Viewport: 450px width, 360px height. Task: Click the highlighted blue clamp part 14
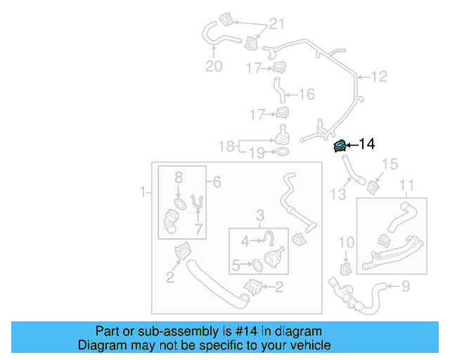(x=340, y=146)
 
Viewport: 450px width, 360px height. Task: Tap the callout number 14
(x=367, y=144)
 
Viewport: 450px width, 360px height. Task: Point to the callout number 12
(x=379, y=77)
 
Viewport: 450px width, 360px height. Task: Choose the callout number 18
(x=226, y=146)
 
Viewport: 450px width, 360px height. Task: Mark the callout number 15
(x=390, y=165)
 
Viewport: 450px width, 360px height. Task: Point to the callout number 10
(x=345, y=243)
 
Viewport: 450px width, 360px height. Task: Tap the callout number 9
(x=404, y=286)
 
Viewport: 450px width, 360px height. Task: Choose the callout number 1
(x=143, y=191)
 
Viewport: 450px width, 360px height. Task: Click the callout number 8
(x=179, y=177)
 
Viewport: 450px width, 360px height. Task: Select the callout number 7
(x=199, y=229)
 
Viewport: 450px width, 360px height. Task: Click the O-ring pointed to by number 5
(x=257, y=265)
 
